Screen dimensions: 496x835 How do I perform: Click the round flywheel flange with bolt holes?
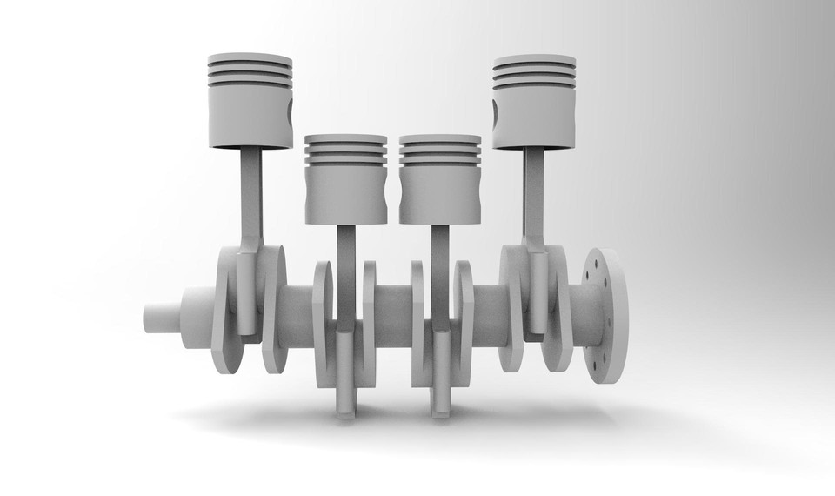point(606,318)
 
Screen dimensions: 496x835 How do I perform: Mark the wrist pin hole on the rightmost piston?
point(496,111)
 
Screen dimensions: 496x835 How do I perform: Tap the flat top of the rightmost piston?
point(533,60)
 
